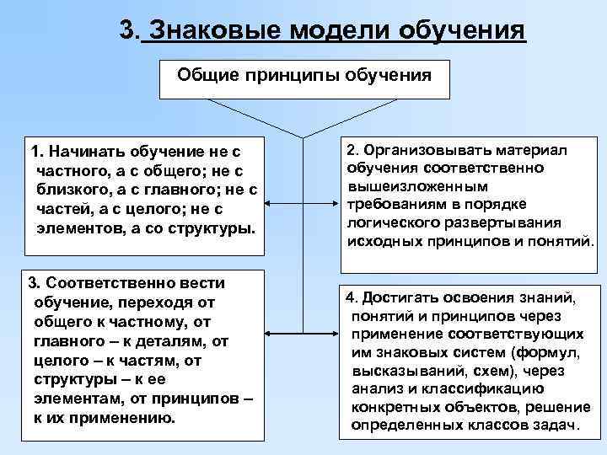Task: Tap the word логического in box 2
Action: [x=391, y=223]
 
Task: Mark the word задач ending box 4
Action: [x=558, y=426]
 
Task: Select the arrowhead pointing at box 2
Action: [x=333, y=203]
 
